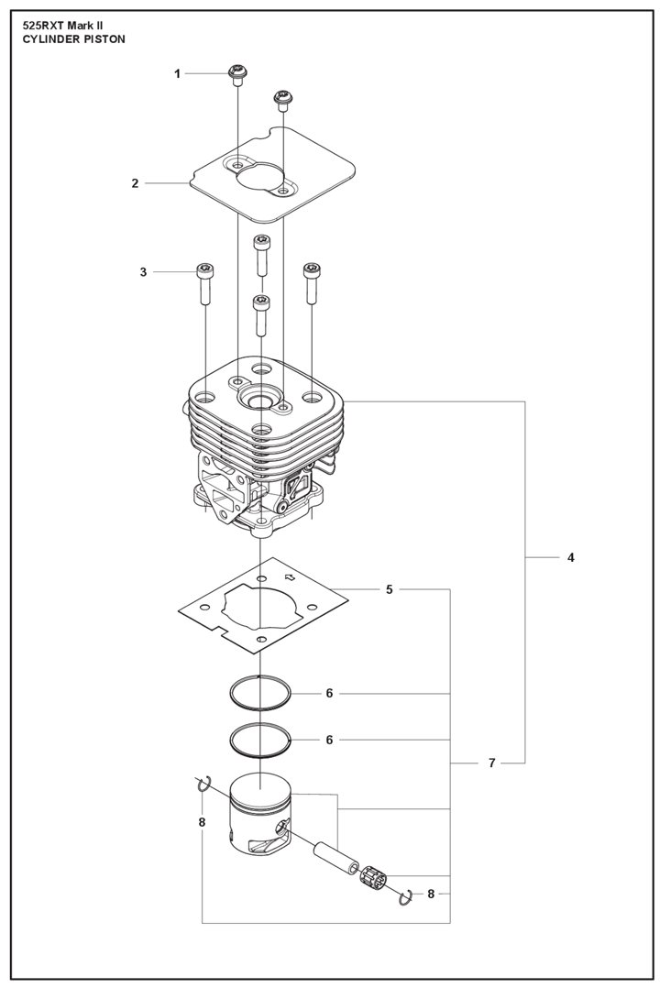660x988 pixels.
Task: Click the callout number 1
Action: click(x=178, y=73)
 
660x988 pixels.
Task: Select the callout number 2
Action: click(x=135, y=183)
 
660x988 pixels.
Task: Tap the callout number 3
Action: click(x=143, y=271)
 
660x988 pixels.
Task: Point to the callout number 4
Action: click(x=571, y=557)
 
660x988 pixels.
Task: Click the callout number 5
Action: click(x=390, y=589)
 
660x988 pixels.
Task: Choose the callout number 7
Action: click(x=491, y=763)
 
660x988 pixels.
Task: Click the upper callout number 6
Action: click(x=329, y=693)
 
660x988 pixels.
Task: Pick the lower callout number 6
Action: click(x=329, y=739)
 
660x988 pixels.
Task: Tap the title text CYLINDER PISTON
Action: click(x=73, y=40)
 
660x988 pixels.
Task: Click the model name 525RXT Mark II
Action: click(x=71, y=27)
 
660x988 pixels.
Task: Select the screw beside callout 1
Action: click(x=236, y=74)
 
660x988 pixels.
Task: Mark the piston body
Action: click(x=260, y=811)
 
